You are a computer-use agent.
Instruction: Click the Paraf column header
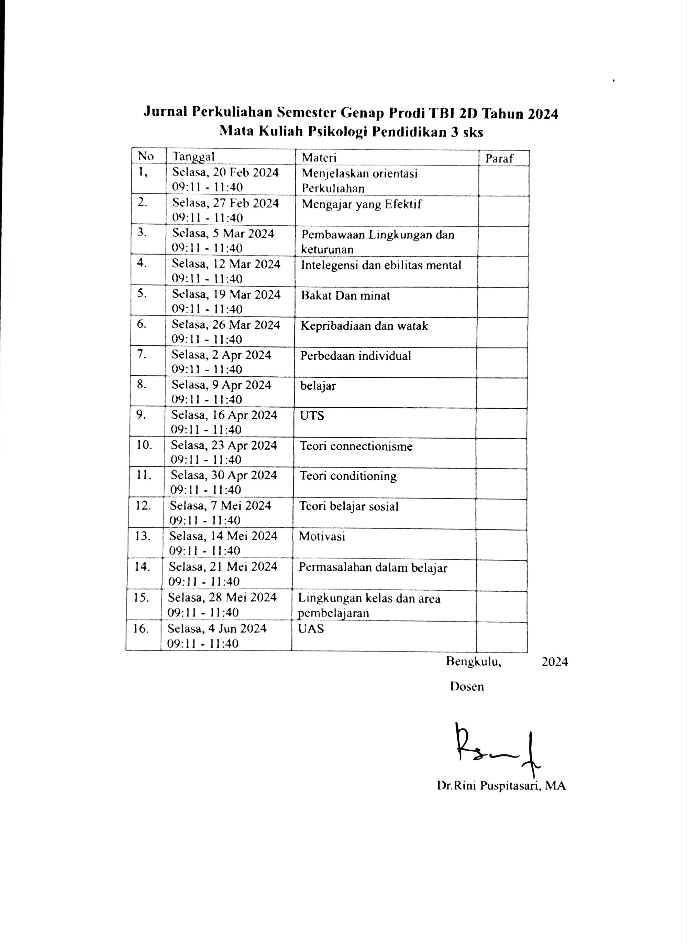coord(499,158)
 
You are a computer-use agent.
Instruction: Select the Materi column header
coord(319,158)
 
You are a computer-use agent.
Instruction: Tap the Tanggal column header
coord(193,157)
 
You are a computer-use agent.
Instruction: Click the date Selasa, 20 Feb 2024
coord(225,172)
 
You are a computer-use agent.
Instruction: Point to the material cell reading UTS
coord(312,416)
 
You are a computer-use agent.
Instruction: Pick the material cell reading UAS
coord(311,629)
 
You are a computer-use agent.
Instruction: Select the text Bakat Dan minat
coord(346,296)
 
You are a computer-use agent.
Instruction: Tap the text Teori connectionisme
coord(356,446)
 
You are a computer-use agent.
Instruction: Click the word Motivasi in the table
coord(322,536)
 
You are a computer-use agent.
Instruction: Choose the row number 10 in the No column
coord(144,445)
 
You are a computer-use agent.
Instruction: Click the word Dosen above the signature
coord(467,687)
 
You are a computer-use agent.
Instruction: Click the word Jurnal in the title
coord(165,112)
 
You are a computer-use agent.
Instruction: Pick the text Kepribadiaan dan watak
coord(364,326)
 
